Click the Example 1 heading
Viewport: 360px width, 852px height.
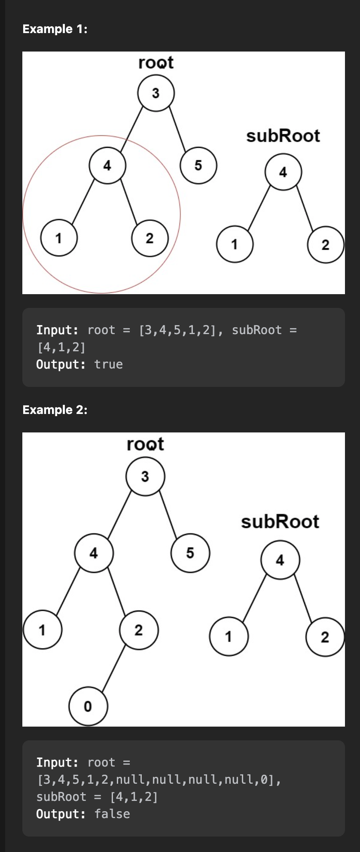pos(55,29)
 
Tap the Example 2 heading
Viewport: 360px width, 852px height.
pos(55,410)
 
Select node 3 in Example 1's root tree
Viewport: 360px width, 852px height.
pos(156,93)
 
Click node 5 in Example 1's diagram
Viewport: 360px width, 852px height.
pos(198,165)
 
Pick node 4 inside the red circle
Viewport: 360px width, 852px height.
pos(107,165)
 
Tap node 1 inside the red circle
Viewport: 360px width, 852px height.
pos(59,237)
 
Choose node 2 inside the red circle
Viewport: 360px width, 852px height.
pos(149,238)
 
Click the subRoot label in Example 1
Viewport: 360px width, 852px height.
pos(283,136)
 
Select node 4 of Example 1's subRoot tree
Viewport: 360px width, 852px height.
pos(283,172)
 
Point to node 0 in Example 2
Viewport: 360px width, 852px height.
pos(88,706)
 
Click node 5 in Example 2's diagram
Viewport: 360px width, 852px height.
pos(190,553)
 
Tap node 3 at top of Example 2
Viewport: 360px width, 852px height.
pos(145,476)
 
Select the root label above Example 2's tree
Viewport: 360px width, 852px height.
pos(145,444)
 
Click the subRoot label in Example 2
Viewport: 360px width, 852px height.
pos(280,522)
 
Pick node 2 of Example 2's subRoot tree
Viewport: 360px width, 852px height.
pos(325,637)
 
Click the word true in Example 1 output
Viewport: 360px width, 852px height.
pos(109,365)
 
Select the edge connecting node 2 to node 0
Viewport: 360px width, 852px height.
pos(113,668)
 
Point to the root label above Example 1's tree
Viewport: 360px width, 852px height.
pos(156,63)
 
